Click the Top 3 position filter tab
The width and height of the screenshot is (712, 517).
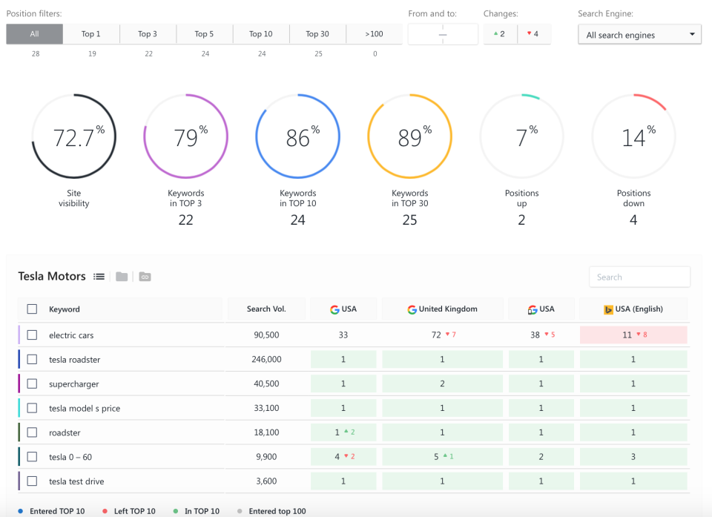[x=148, y=34]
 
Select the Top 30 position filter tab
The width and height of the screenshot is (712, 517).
[x=317, y=34]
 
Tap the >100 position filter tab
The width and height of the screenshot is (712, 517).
[x=375, y=34]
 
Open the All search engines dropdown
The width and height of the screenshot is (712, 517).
[x=639, y=35]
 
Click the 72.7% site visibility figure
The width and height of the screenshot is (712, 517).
[x=73, y=137]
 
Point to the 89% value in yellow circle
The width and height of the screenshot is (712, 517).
[x=410, y=137]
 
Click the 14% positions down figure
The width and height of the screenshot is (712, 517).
[x=633, y=137]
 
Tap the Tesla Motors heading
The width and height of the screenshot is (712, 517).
[x=52, y=276]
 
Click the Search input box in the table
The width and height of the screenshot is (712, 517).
[x=639, y=277]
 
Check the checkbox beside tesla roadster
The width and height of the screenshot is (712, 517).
[x=32, y=360]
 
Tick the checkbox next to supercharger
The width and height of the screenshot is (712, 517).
[x=32, y=384]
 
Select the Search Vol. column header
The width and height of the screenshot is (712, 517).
[x=266, y=309]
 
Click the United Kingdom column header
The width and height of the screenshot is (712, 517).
[x=443, y=309]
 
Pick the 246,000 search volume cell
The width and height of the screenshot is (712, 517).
[x=266, y=360]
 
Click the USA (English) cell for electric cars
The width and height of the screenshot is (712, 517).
[x=633, y=335]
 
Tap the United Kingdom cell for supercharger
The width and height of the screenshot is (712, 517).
[x=443, y=384]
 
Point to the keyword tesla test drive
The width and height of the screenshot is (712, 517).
[x=76, y=481]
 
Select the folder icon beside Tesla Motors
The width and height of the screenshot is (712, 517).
[x=122, y=277]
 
